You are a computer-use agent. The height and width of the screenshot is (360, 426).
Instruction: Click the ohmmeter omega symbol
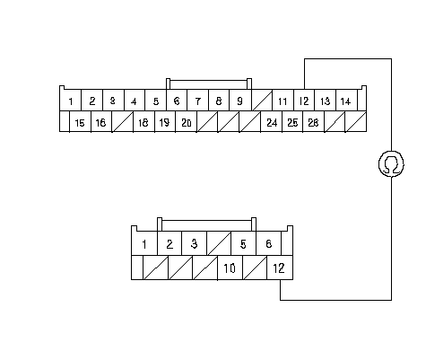[391, 164]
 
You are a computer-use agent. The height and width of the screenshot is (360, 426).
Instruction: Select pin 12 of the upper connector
[304, 101]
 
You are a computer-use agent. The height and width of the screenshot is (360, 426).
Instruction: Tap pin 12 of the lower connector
[280, 268]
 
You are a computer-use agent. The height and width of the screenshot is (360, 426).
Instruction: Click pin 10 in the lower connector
[230, 268]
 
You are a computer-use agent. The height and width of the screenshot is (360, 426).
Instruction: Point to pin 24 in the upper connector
[272, 121]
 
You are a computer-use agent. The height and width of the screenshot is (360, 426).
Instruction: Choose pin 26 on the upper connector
[313, 121]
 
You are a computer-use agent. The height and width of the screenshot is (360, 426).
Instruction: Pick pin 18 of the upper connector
[143, 121]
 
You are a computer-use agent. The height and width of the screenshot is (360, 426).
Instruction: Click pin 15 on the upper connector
[80, 121]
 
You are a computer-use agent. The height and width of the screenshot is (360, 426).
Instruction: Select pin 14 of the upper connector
[346, 101]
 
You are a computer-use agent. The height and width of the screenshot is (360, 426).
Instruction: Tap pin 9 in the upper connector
[239, 101]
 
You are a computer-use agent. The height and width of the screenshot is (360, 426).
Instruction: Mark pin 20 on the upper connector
[186, 121]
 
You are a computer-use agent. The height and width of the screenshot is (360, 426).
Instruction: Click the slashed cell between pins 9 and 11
[262, 101]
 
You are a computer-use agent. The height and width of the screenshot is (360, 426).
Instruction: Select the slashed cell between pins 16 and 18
[122, 121]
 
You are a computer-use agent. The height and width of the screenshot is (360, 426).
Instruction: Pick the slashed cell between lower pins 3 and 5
[219, 243]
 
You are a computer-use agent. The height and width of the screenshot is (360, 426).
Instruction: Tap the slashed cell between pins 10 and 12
[255, 268]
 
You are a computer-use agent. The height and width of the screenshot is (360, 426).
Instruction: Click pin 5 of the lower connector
[243, 243]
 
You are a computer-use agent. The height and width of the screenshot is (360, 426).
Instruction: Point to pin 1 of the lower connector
[144, 243]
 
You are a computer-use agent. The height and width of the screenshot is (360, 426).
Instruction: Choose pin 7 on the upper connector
[197, 101]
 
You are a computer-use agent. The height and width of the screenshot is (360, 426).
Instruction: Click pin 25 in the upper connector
[292, 121]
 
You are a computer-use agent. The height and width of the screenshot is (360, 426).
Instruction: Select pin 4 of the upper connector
[135, 101]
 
